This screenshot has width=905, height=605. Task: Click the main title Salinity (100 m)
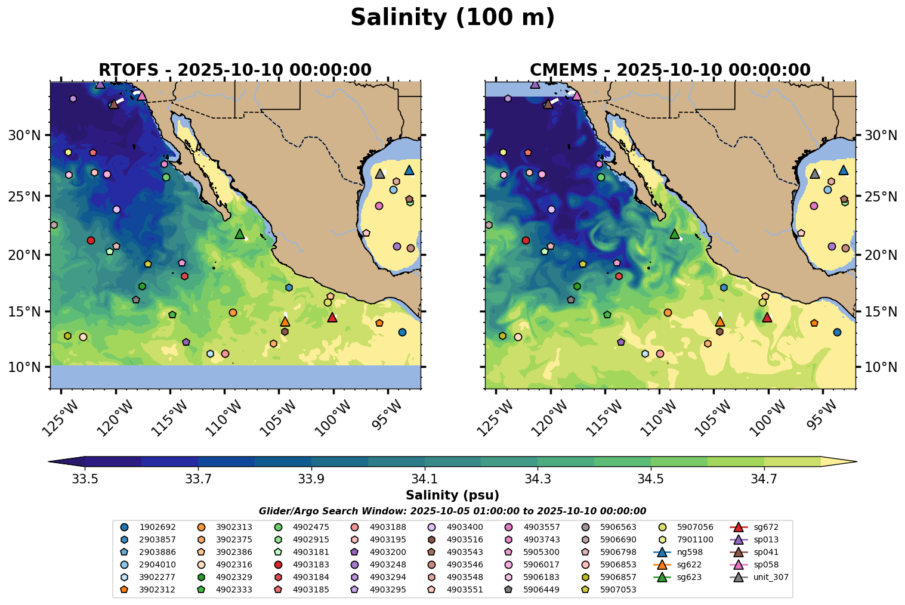click(452, 18)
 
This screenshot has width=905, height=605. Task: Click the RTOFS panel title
click(235, 70)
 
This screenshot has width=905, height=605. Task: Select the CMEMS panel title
click(670, 70)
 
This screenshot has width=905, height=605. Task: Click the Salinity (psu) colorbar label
click(452, 495)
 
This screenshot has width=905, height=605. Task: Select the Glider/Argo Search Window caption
click(452, 511)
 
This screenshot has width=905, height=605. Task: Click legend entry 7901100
click(694, 539)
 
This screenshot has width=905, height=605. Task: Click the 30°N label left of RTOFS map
click(24, 135)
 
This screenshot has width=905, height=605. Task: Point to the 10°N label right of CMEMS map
click(881, 367)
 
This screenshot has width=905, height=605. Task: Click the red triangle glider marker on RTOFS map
click(332, 317)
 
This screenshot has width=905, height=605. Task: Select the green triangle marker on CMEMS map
click(675, 234)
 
